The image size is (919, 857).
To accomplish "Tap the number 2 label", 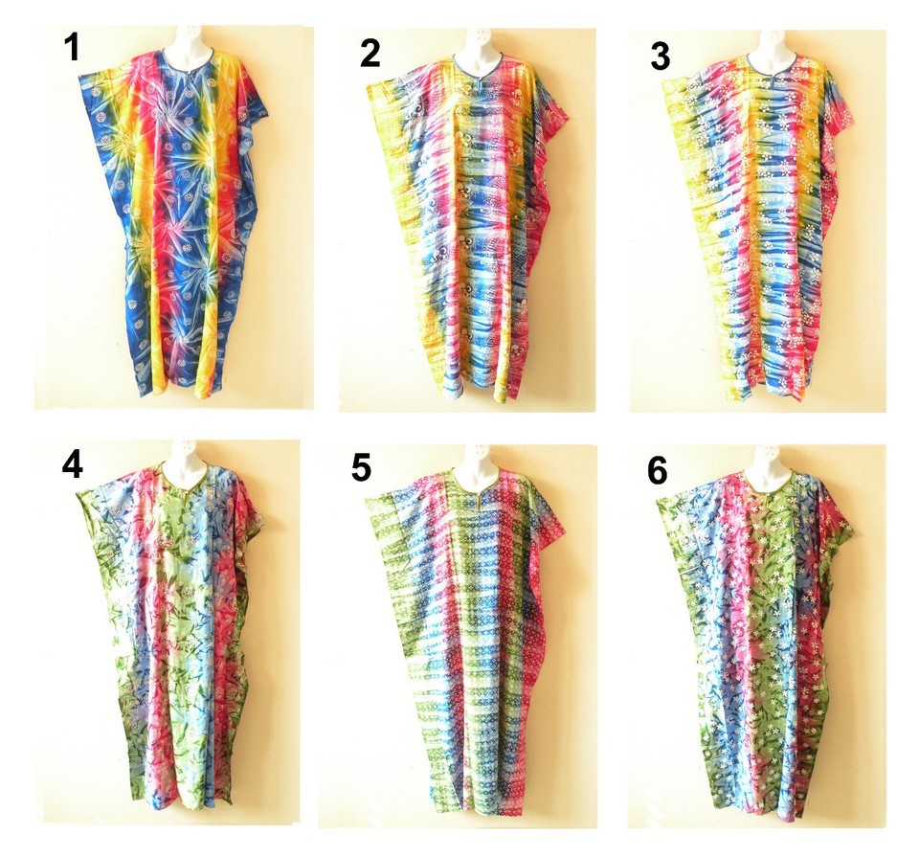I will (x=370, y=54).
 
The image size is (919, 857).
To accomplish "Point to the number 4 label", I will (x=72, y=463).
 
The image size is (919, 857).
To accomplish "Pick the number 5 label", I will (x=360, y=468).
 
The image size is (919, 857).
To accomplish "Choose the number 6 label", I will (x=660, y=470).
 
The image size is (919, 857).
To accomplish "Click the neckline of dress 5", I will (x=475, y=485).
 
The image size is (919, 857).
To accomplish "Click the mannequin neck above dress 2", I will (x=476, y=42).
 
